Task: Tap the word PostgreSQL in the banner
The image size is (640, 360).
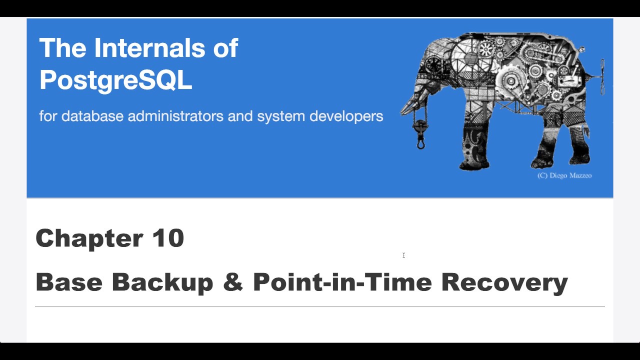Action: click(115, 79)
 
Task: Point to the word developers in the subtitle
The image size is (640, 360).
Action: click(346, 116)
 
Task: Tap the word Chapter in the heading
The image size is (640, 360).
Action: click(88, 238)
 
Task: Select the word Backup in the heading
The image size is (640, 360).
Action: click(162, 282)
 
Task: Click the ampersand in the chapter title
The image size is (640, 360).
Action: click(233, 282)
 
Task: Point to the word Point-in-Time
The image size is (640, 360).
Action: click(342, 282)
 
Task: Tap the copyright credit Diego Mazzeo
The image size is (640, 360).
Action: click(564, 175)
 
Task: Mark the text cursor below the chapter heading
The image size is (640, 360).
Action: click(403, 255)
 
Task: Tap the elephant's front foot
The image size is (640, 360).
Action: click(474, 162)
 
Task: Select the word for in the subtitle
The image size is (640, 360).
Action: click(48, 116)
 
